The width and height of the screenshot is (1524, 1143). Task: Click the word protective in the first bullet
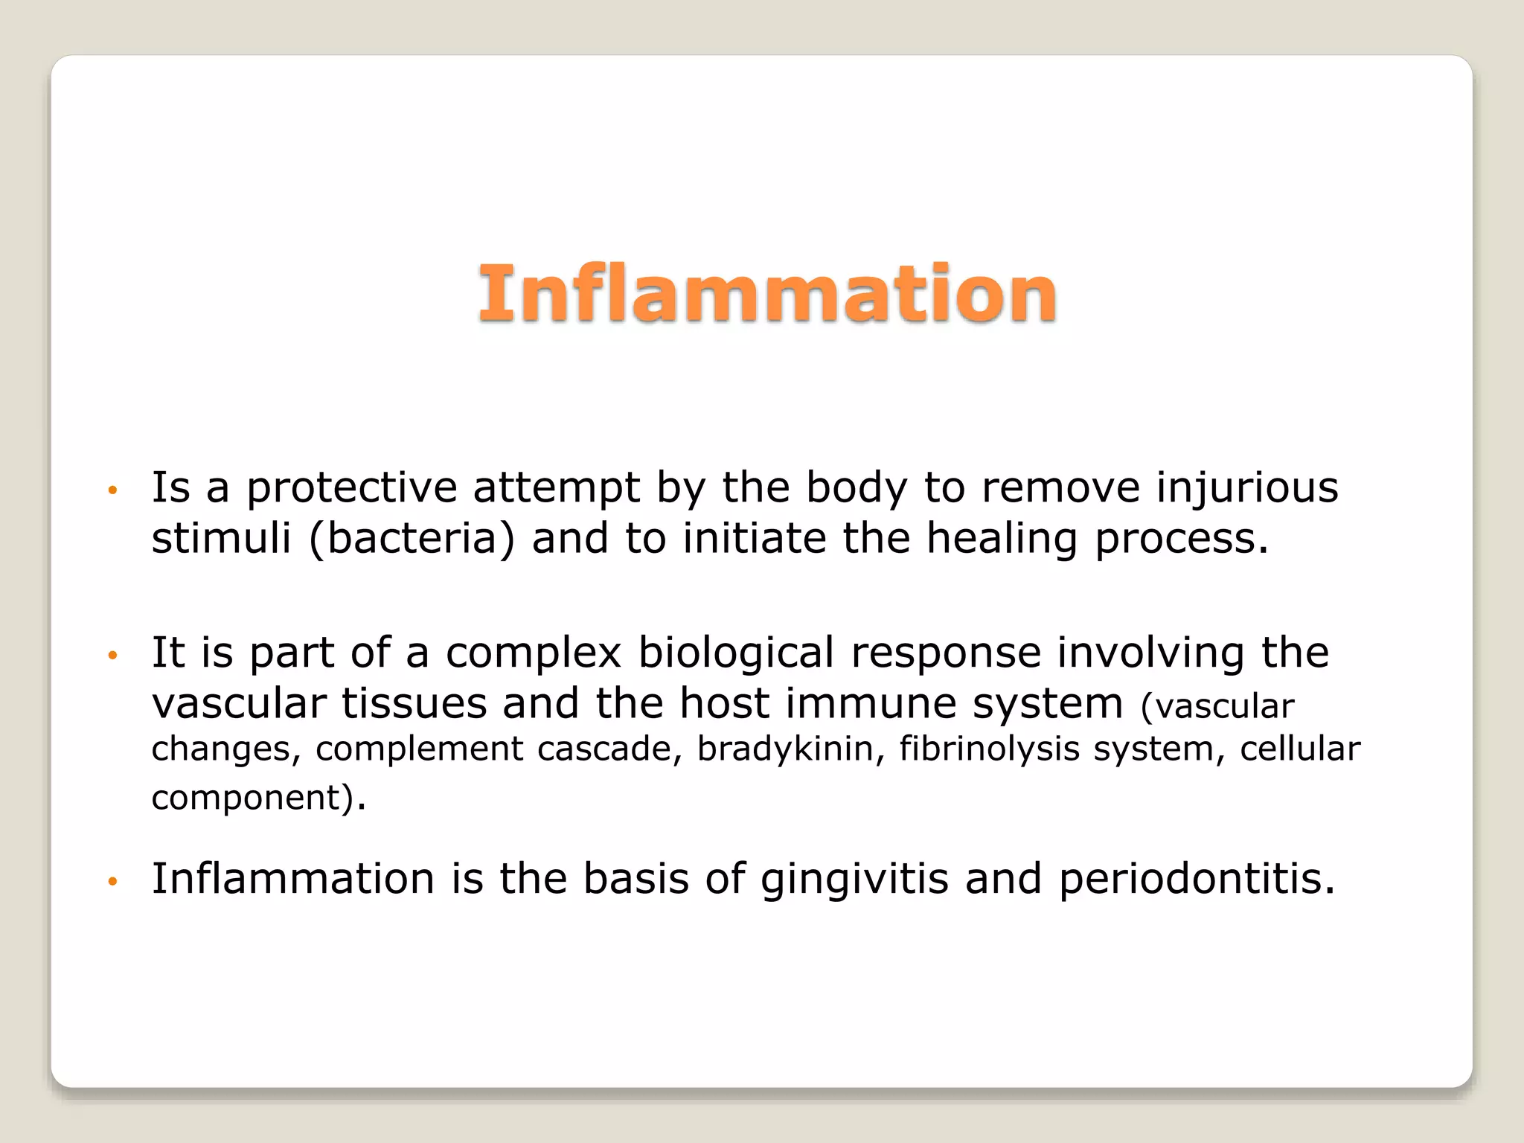351,489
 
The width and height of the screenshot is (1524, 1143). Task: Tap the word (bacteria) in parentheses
412,539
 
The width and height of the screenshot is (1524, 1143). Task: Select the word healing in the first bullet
1002,539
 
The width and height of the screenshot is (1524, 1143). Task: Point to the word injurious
1247,489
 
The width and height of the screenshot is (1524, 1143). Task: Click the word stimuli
221,539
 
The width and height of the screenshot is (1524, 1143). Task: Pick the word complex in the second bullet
533,653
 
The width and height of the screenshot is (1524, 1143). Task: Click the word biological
736,653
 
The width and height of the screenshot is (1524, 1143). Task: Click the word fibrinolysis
989,749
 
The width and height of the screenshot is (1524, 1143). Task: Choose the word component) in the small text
252,798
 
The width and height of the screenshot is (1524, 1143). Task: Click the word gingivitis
854,880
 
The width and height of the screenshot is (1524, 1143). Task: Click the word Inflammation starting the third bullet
293,878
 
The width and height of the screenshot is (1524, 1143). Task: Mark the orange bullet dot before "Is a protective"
113,490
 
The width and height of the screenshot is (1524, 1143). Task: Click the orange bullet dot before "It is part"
113,656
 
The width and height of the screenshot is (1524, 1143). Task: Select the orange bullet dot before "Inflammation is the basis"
113,882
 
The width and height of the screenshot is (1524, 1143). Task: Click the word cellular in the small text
1299,749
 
